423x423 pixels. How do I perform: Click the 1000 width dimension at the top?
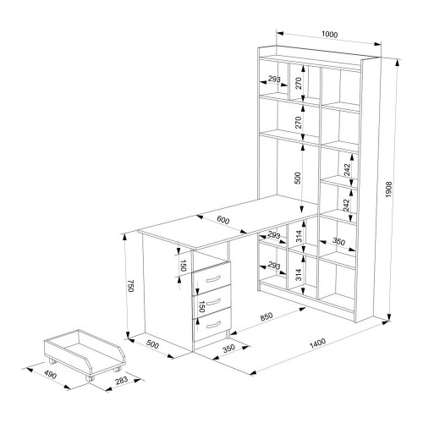point(329,35)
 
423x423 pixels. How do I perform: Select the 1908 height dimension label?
point(389,190)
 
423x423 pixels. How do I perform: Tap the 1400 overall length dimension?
point(317,343)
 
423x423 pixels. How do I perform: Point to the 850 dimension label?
point(266,316)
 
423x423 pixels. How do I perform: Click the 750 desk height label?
point(130,286)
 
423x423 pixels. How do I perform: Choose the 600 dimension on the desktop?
point(223,220)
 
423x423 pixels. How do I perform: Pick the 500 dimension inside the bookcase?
point(298,178)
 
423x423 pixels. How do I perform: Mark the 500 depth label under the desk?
point(152,344)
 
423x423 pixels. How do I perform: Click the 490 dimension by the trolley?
point(51,375)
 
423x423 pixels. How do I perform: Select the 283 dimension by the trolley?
point(122,381)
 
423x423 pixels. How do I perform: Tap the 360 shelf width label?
point(338,242)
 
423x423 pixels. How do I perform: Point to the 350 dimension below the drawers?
point(228,349)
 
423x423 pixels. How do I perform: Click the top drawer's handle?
point(213,279)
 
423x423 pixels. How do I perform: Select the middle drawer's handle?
point(213,301)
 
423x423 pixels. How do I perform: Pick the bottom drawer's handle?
point(213,325)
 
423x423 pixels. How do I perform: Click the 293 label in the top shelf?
point(274,80)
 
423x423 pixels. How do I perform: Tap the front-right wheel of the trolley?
point(90,378)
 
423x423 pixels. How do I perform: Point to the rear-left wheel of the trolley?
point(52,360)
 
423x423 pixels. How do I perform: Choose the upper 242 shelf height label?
point(347,170)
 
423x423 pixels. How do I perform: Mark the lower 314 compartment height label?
point(299,275)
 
